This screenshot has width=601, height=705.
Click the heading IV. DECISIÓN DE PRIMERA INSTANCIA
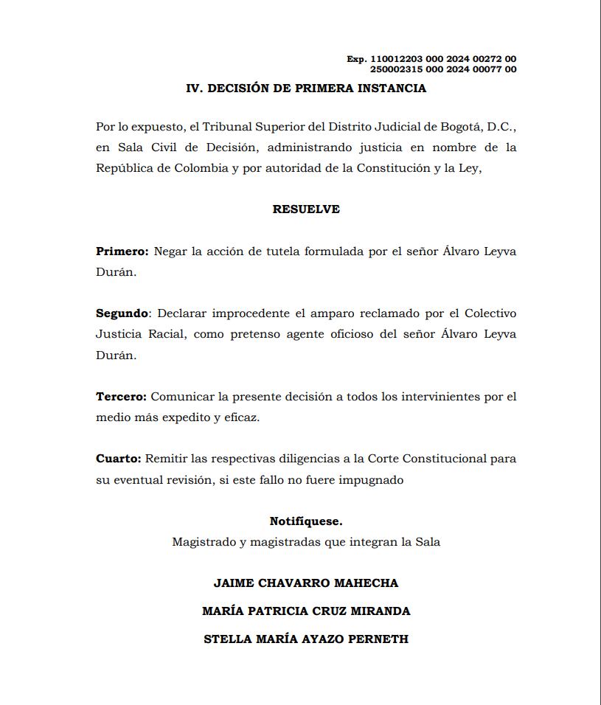click(306, 88)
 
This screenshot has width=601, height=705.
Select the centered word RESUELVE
click(306, 209)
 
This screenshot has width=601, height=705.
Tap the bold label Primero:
click(122, 251)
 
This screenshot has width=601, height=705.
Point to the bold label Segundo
click(122, 313)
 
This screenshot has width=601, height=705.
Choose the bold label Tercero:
click(122, 397)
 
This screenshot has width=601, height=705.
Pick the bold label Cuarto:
click(119, 459)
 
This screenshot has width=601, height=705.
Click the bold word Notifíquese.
click(306, 521)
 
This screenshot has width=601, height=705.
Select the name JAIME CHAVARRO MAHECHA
click(306, 583)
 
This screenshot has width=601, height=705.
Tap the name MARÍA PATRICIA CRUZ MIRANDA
click(306, 611)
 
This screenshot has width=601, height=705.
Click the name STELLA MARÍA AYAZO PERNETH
click(306, 639)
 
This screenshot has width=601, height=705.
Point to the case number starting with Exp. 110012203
click(431, 59)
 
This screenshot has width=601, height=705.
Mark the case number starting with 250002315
click(442, 69)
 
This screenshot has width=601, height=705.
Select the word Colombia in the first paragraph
click(201, 168)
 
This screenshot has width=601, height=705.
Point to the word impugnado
click(372, 479)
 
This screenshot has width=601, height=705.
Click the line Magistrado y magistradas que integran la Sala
click(306, 542)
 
